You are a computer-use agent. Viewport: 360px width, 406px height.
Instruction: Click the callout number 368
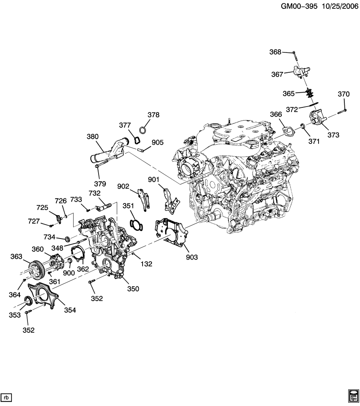(275, 52)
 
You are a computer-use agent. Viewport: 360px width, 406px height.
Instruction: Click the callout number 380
(93, 137)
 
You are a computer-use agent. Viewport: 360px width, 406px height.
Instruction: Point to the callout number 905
(157, 143)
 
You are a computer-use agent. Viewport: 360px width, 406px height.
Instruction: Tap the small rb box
(7, 397)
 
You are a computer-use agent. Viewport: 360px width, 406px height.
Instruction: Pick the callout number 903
(191, 257)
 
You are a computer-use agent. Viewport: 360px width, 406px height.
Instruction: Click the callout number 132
(146, 264)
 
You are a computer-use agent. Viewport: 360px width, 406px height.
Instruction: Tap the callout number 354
(70, 310)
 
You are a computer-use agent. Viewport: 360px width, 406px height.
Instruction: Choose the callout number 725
(42, 208)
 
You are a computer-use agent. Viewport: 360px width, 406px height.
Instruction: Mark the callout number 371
(313, 142)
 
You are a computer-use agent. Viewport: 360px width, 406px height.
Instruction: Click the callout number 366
(276, 114)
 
